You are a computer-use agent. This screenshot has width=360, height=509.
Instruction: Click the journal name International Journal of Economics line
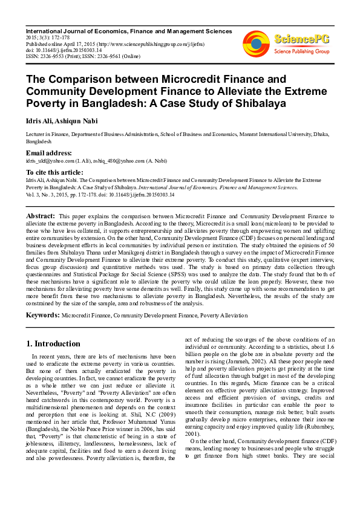point(128,31)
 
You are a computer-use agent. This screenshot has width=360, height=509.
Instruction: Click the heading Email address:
point(48,153)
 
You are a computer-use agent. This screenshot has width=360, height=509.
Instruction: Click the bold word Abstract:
point(41,215)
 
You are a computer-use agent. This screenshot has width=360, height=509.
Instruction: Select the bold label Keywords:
point(42,315)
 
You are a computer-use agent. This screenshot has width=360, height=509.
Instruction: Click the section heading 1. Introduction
point(53,344)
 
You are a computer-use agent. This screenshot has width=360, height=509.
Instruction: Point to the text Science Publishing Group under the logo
point(301,52)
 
